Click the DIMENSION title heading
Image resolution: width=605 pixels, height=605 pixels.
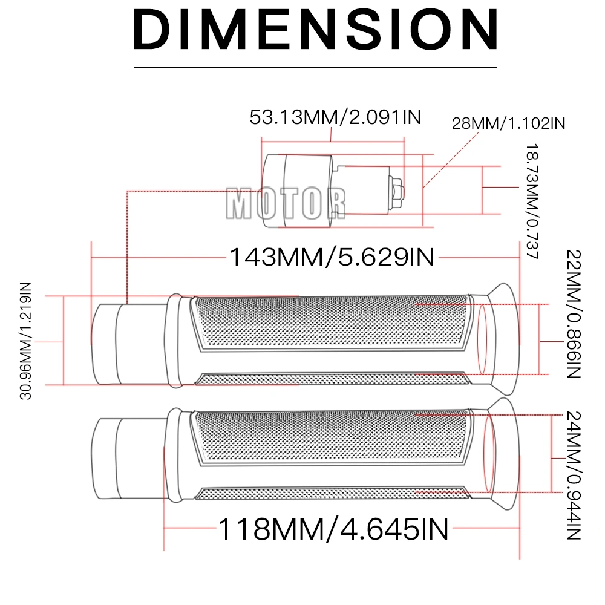point(315,30)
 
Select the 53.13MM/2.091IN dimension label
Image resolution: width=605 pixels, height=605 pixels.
point(335,117)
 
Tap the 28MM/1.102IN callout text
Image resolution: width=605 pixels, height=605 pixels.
point(509,123)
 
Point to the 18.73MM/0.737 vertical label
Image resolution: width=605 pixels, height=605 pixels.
point(532,201)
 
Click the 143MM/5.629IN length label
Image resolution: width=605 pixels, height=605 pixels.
point(332,257)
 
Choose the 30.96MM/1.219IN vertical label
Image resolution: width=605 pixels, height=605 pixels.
point(25,341)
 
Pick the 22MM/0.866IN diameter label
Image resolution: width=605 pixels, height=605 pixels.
point(574,314)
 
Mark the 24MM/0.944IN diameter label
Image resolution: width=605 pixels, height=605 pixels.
point(574,476)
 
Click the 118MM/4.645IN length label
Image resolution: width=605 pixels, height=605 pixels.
point(333,529)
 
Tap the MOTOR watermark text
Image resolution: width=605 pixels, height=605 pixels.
point(286,203)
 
